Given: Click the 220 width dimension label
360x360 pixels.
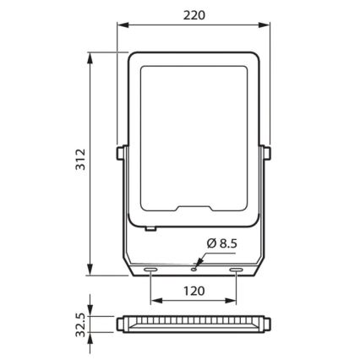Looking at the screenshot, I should [193, 14].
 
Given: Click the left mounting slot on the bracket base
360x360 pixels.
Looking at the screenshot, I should [150, 270].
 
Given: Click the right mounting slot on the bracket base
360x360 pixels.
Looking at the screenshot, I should [236, 270].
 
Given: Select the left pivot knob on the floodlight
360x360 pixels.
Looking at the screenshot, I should [116, 153].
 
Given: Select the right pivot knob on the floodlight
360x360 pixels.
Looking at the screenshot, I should [270, 153].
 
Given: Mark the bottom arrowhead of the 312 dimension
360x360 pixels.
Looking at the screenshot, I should [88, 273].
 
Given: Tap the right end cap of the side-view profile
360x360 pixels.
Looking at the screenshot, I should [265, 325].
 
